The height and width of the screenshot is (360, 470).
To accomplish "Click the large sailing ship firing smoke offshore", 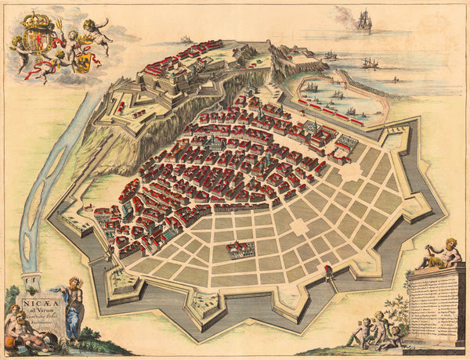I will tap(363, 20).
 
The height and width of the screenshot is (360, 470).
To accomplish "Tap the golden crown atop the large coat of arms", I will tap(37, 20).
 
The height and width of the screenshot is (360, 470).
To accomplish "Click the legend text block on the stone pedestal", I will tap(435, 301).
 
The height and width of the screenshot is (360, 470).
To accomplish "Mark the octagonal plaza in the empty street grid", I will tap(299, 228).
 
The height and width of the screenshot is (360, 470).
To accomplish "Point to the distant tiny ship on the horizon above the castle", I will tap(186, 39).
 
